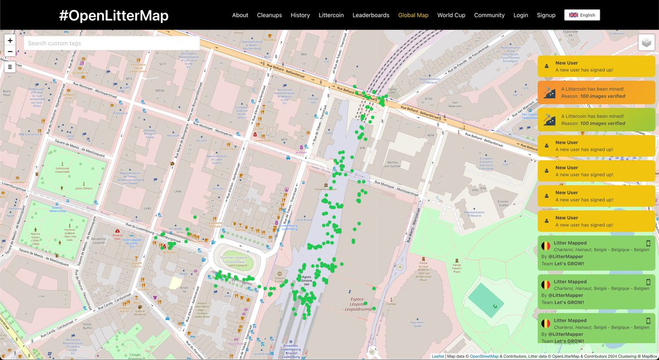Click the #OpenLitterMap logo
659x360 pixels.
pos(114,15)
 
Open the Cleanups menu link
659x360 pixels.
pos(269,15)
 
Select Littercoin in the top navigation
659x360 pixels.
pos(331,15)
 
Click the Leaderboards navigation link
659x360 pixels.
pos(371,15)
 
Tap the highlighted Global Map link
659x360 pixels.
pos(413,15)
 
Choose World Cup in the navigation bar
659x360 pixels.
pos(451,15)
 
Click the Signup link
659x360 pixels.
pos(546,15)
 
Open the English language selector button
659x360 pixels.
pos(582,15)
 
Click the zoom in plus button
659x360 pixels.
pos(10,41)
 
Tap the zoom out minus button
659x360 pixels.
pos(10,52)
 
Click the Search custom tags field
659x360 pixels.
pos(111,43)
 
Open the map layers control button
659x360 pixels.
pos(646,43)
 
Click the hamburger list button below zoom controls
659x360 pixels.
pos(10,67)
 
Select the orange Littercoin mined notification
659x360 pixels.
pos(596,92)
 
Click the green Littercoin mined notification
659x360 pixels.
pos(596,120)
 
